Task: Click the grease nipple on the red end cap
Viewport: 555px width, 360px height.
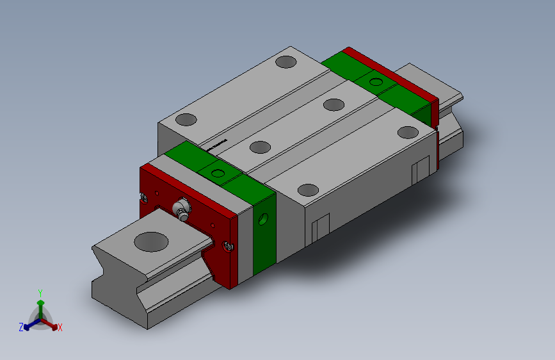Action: pos(182,209)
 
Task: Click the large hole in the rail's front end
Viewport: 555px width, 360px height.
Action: pos(152,241)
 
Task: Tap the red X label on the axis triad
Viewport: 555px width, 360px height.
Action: pos(60,328)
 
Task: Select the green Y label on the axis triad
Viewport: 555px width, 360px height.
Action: pos(40,292)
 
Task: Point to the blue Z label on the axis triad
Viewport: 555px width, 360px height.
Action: pos(21,327)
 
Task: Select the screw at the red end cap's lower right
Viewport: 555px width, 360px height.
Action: pos(227,245)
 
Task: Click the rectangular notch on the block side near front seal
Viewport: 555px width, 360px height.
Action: pos(320,227)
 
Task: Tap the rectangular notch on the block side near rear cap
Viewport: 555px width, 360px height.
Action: pos(421,169)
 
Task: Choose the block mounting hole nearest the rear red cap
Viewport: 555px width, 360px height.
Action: pos(406,133)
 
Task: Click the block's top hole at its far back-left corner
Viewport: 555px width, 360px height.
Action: pos(286,62)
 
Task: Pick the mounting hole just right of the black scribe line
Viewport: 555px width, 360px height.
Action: pos(259,147)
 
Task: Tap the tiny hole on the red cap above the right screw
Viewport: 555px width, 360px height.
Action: pos(213,225)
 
